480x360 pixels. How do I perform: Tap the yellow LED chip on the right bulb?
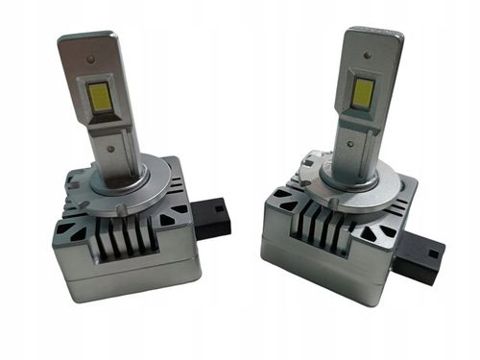[x=363, y=91]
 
